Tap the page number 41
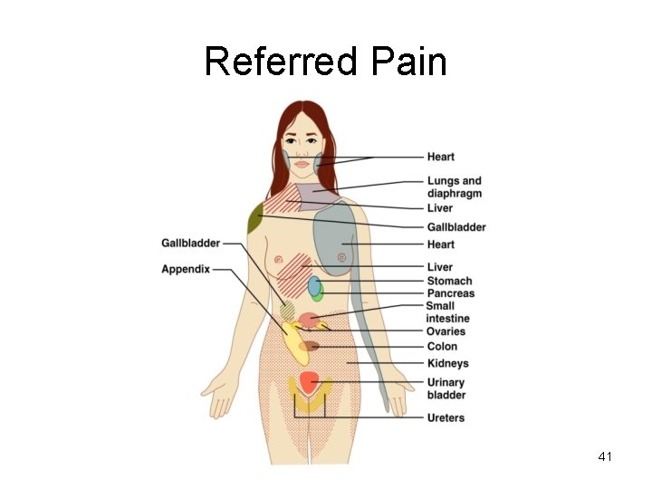pos(605,457)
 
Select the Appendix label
pos(186,269)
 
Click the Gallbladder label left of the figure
pos(190,243)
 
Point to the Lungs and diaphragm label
pos(454,187)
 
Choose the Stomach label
pos(449,281)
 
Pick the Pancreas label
pos(451,293)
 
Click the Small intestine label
pos(447,312)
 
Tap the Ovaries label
pos(446,331)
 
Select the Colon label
pos(442,346)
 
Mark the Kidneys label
pos(447,363)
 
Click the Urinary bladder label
pos(446,388)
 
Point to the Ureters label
pos(446,417)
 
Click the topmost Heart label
pos(441,157)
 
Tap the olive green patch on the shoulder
pos(255,217)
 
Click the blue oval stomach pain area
pos(314,286)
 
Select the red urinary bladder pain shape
pos(309,381)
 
